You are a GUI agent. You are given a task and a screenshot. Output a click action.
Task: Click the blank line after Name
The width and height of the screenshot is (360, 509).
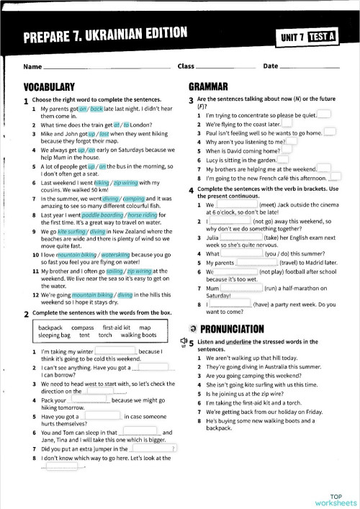pyautogui.click(x=107, y=67)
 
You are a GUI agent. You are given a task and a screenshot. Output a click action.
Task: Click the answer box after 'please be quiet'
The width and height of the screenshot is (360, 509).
pyautogui.click(x=324, y=114)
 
